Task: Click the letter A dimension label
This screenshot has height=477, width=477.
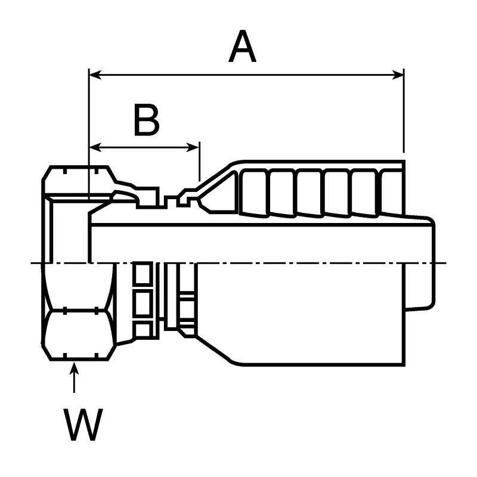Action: (242, 47)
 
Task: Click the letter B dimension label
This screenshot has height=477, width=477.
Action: (147, 120)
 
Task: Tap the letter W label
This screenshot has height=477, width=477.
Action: (83, 425)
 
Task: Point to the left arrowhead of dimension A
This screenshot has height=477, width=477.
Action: (95, 75)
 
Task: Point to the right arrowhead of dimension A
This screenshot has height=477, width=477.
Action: (398, 75)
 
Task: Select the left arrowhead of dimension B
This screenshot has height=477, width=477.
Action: (95, 147)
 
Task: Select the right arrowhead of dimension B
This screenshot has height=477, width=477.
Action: (193, 147)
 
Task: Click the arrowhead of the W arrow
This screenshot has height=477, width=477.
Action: (74, 367)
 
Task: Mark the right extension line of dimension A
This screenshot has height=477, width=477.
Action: (404, 111)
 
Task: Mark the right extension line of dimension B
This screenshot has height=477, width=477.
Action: (200, 161)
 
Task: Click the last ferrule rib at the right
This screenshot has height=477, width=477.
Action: (392, 192)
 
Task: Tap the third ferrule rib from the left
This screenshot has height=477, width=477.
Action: (309, 193)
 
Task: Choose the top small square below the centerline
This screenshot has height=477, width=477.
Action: (143, 274)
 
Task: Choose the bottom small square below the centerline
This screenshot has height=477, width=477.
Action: (143, 330)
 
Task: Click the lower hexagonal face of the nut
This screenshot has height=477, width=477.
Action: (79, 334)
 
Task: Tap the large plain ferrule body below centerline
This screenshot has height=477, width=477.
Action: (301, 314)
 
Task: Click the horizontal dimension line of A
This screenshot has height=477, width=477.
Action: (246, 75)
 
